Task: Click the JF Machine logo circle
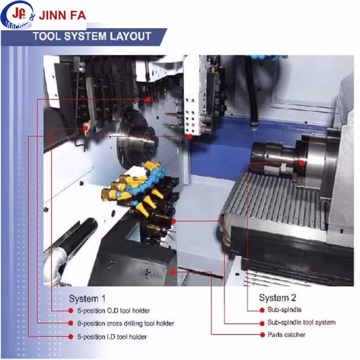point(18,15)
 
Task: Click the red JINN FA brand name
point(62,16)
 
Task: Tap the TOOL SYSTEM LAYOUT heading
point(92,36)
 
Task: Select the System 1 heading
point(87,298)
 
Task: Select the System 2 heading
point(278,298)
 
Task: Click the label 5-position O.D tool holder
point(114,311)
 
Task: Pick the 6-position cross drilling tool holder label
point(126,323)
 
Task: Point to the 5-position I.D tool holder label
point(112,337)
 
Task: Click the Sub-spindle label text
point(284,310)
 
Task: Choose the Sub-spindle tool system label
point(302,322)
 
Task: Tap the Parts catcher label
point(287,334)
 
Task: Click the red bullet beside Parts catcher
point(262,334)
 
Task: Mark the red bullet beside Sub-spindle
point(262,310)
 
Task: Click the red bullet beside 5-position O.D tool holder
point(71,311)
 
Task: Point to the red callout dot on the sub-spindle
point(302,163)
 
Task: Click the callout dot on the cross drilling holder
point(148,99)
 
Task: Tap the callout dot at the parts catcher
point(173,272)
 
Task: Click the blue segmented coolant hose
point(147,184)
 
